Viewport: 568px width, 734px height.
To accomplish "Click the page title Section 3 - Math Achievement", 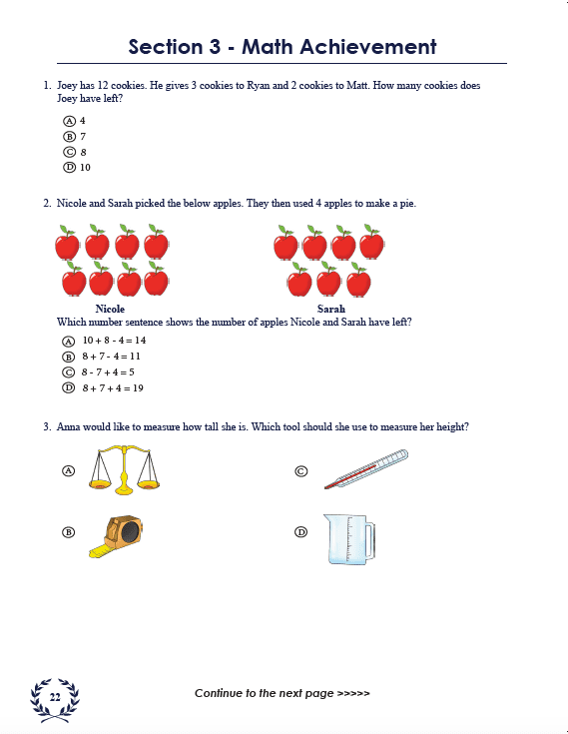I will click(283, 47).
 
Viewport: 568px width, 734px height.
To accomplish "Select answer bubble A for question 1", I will click(69, 120).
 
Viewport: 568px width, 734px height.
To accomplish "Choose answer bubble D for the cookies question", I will click(69, 167).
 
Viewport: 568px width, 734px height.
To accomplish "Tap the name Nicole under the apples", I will click(110, 309).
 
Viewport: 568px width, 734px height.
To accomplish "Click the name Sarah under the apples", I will click(331, 309).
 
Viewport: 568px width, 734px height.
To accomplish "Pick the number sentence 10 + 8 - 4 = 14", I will click(114, 341).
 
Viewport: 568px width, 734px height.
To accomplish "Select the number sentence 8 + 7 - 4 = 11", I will click(112, 357).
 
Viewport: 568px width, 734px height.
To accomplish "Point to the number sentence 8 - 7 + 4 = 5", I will click(108, 371).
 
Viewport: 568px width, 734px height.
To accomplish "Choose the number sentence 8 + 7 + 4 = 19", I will click(112, 387).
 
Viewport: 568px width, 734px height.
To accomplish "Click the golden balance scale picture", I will click(124, 469).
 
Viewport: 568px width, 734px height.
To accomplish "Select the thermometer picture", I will click(365, 469).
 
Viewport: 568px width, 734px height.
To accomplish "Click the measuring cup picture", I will click(349, 538).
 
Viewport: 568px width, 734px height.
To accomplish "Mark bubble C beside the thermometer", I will click(300, 470).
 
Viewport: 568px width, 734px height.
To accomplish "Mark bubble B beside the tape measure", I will click(69, 532).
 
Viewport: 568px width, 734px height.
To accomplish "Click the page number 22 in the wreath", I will click(55, 696).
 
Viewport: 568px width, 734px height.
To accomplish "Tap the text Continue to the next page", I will click(283, 693).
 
